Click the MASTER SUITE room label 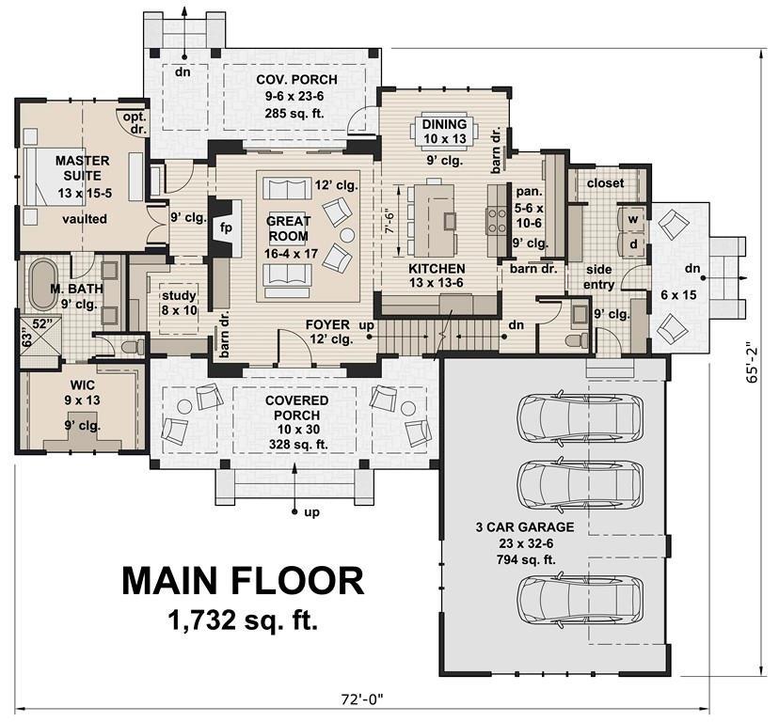83,168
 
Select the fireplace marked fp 225,228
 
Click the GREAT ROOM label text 288,228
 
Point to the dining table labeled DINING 445,132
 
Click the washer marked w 632,219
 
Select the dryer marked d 632,243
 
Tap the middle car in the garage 580,483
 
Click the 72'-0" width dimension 362,699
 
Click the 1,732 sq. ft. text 243,620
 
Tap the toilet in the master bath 133,346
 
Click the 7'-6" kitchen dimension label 390,222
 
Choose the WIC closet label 83,385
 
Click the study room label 179,295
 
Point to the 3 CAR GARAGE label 525,526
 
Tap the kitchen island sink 450,219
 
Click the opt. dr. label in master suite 135,123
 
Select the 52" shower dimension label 42,323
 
